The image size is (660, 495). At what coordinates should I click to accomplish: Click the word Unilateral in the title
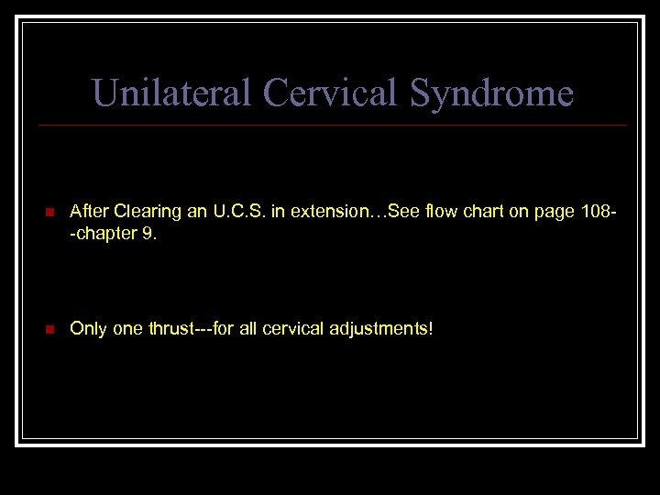172,93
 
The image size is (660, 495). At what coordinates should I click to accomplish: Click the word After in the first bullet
89,212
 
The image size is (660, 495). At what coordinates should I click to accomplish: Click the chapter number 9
150,234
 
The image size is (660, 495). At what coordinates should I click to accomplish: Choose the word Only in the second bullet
88,329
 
